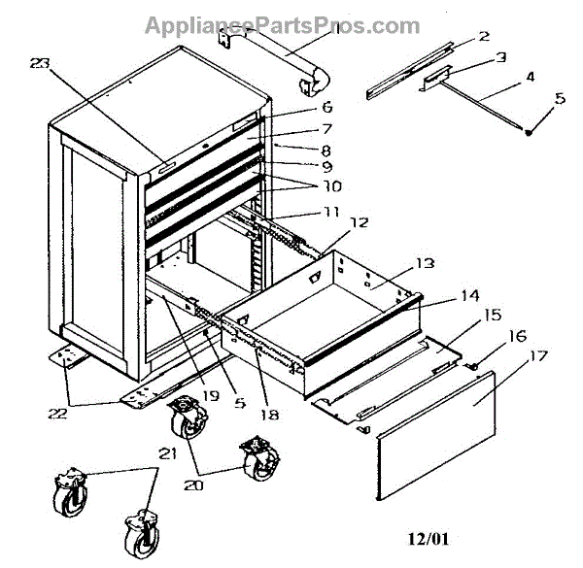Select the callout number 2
(x=483, y=39)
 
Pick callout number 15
(x=491, y=316)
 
